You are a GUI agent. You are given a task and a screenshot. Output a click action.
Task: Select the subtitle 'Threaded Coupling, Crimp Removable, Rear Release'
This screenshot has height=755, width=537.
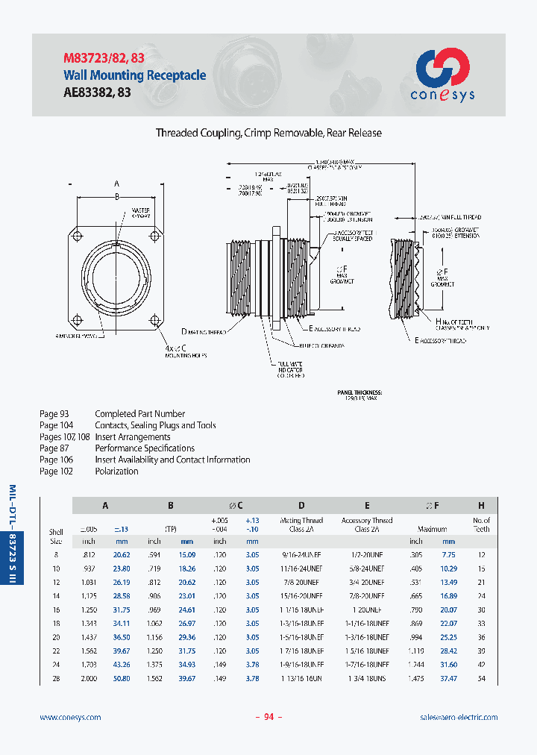[268, 133]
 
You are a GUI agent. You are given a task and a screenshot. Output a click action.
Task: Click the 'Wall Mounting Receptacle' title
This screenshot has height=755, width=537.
[134, 75]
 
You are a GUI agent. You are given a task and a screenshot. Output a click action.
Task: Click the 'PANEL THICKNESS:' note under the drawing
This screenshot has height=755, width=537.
[359, 392]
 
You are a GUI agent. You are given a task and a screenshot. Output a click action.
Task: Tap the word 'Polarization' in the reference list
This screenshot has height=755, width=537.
[116, 472]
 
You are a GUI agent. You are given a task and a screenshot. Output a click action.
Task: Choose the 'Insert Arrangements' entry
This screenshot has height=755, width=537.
[132, 437]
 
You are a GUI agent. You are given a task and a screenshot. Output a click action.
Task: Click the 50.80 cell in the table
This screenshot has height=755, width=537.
[122, 679]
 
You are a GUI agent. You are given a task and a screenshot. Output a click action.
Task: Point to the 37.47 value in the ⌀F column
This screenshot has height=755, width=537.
[448, 679]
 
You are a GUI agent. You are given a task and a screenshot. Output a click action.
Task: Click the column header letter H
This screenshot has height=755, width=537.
[481, 505]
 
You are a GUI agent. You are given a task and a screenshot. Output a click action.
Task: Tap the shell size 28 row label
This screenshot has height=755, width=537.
[56, 679]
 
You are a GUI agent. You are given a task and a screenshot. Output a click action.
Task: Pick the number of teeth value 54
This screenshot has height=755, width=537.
[481, 679]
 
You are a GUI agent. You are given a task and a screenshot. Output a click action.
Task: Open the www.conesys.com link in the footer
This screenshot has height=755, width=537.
[70, 717]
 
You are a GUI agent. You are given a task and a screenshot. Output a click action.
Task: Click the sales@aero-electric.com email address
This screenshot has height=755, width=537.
[459, 717]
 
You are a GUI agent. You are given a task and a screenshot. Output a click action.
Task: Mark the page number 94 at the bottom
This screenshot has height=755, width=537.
[269, 717]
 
